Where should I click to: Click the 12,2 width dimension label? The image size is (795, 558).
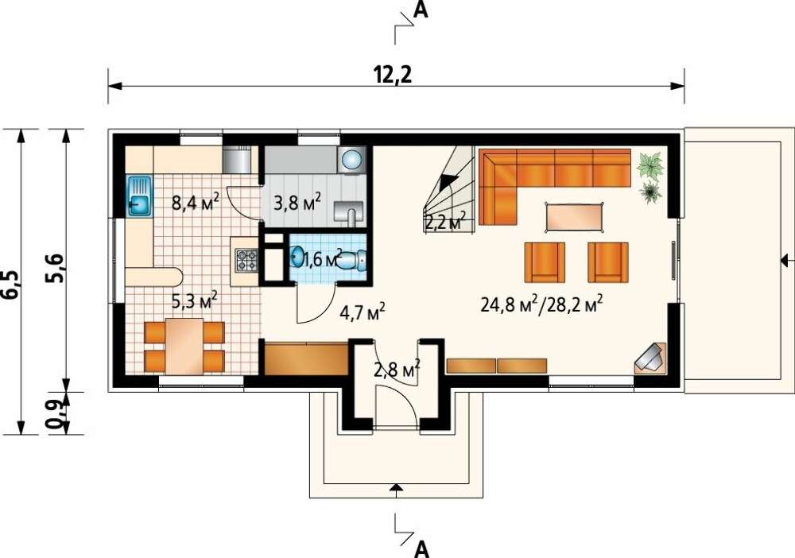click(393, 75)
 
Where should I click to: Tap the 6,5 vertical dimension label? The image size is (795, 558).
click(12, 286)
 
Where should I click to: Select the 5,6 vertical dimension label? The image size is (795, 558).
click(56, 267)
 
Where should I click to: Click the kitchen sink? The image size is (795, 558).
click(139, 196)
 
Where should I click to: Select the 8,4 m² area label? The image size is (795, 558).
click(196, 203)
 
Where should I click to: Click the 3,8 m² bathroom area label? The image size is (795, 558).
click(297, 203)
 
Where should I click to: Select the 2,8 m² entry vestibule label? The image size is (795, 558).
click(397, 370)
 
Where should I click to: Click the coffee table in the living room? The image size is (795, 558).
click(574, 218)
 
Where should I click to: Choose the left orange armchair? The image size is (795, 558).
click(545, 262)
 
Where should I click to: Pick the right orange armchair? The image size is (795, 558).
click(608, 262)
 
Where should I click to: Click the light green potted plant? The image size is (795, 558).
click(650, 165)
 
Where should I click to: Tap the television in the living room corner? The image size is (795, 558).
click(650, 358)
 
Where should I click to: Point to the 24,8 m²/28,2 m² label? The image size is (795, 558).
click(541, 305)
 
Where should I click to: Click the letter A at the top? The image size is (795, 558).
click(421, 9)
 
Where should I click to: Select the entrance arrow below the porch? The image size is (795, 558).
click(396, 488)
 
